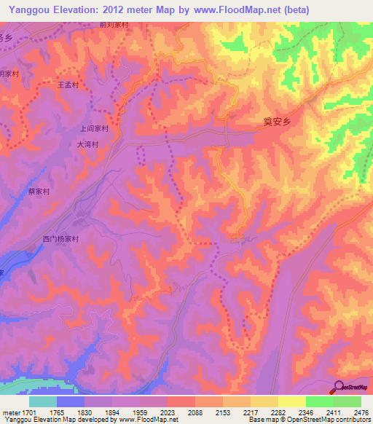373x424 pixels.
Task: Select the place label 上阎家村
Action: pyautogui.click(x=94, y=128)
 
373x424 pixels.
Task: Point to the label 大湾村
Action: pyautogui.click(x=88, y=144)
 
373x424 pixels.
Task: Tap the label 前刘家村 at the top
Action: pyautogui.click(x=114, y=25)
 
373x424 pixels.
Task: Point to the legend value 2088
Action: pyautogui.click(x=195, y=412)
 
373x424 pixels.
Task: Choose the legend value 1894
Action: pyautogui.click(x=113, y=412)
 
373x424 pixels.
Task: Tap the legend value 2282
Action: pyautogui.click(x=279, y=412)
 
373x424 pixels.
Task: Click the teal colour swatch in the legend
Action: pyautogui.click(x=43, y=401)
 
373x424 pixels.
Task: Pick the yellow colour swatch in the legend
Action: pyautogui.click(x=292, y=401)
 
